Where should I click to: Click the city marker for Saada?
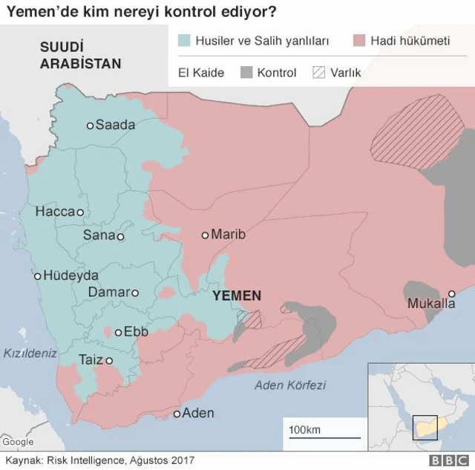pos(91,125)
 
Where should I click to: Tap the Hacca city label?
pos(55,212)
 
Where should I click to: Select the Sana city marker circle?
pos(120,238)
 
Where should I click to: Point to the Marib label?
pos(228,235)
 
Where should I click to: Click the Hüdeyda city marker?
pos(37,276)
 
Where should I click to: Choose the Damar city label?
pos(108,293)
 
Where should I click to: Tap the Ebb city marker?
pos(118,332)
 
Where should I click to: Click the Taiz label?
pos(91,360)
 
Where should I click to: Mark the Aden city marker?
pos(177,414)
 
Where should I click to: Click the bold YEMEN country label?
pos(237,296)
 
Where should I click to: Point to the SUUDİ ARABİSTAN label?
pos(80,56)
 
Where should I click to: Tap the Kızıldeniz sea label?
pos(29,353)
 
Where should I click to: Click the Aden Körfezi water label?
pos(290,385)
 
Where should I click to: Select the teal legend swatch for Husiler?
pos(185,41)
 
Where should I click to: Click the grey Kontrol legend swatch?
pos(246,73)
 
